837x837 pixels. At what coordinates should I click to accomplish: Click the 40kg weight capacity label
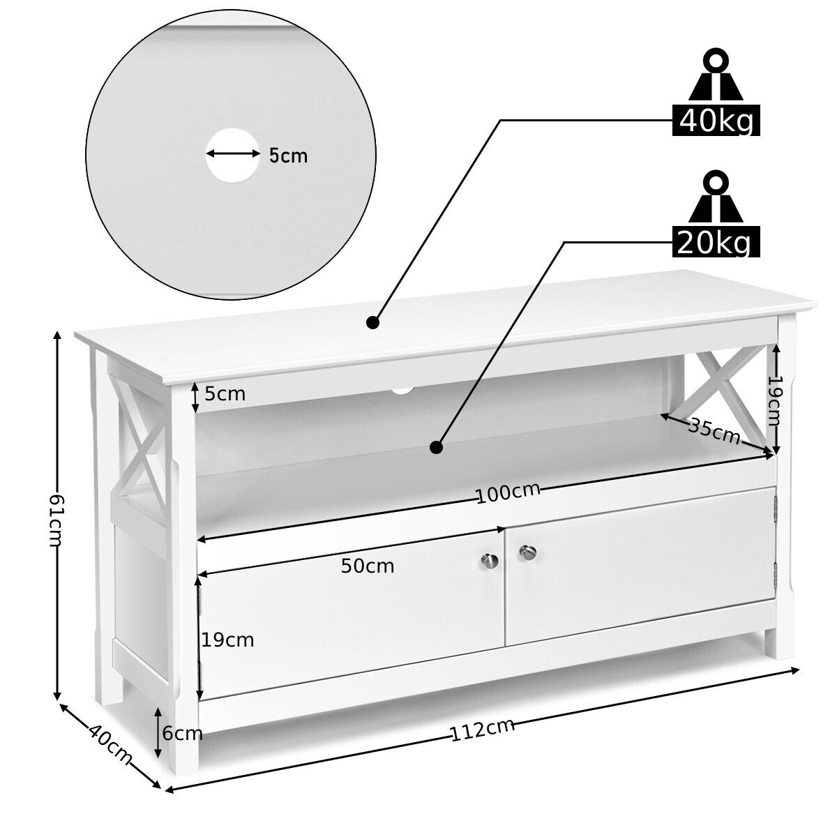click(716, 120)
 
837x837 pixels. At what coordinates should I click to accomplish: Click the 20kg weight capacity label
click(716, 241)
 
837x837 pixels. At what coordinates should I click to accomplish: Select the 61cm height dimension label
click(56, 521)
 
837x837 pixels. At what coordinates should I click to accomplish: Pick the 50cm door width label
click(368, 566)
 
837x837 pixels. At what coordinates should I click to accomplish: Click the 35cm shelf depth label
click(714, 430)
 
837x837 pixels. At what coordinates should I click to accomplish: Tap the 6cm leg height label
click(183, 734)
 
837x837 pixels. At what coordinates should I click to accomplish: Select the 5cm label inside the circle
click(288, 156)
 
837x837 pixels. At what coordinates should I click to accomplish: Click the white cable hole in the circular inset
click(232, 155)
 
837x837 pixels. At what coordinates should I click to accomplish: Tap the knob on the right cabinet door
click(528, 552)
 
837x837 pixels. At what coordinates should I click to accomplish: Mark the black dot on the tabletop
click(372, 323)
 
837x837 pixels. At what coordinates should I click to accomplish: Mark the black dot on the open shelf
click(436, 447)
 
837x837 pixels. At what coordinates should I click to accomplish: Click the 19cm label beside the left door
click(227, 640)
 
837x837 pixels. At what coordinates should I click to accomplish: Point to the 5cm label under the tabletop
click(225, 394)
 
